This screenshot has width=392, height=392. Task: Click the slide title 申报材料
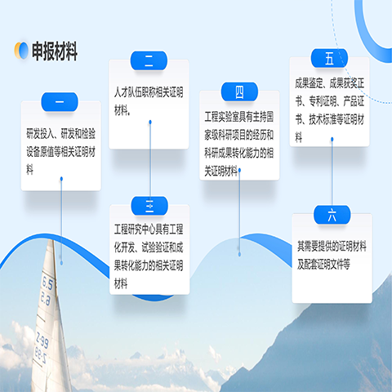[x=55, y=51]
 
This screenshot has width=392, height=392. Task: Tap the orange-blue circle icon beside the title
[x=21, y=51]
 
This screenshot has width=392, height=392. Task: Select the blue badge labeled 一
[x=60, y=102]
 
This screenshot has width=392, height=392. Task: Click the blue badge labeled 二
[x=149, y=60]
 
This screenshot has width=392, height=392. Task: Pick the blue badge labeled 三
[x=149, y=206]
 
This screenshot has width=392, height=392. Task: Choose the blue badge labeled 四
[x=239, y=91]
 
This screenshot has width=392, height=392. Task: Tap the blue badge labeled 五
[x=329, y=58]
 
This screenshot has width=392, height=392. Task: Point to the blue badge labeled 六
[x=332, y=215]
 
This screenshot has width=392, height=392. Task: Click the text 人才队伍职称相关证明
[x=149, y=92]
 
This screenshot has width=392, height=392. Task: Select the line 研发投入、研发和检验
[x=60, y=133]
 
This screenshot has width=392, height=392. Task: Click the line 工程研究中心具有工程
[x=149, y=229]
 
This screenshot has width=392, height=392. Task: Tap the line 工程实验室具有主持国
[x=239, y=117]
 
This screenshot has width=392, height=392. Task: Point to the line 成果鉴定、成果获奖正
[x=330, y=83]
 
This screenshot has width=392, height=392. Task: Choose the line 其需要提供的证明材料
[x=332, y=247]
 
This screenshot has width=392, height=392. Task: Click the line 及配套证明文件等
[x=323, y=265]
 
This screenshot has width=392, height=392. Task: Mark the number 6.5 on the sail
[x=47, y=284]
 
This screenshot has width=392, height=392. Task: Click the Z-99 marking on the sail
[x=42, y=340]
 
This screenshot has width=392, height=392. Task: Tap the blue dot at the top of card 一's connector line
[x=61, y=179]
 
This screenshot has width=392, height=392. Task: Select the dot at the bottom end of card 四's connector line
[x=239, y=254]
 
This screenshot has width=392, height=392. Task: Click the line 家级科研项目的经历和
[x=239, y=135]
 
